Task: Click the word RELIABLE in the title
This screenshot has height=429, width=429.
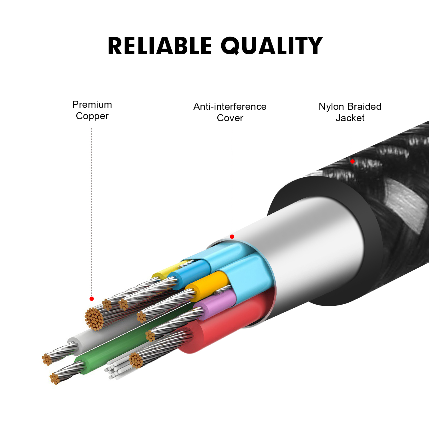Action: [x=159, y=46]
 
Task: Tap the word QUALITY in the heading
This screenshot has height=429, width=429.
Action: [x=271, y=46]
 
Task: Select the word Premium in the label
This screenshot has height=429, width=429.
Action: [x=92, y=105]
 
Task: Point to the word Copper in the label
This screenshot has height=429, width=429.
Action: [x=92, y=116]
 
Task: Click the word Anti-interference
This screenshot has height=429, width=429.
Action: [x=230, y=107]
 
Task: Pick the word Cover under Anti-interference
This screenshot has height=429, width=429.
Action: [x=230, y=118]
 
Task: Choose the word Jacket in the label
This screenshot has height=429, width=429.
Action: [x=350, y=118]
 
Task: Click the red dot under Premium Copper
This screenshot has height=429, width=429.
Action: [x=92, y=299]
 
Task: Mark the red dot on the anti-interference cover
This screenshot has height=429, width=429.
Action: [x=232, y=237]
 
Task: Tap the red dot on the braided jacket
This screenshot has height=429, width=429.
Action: [x=352, y=161]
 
